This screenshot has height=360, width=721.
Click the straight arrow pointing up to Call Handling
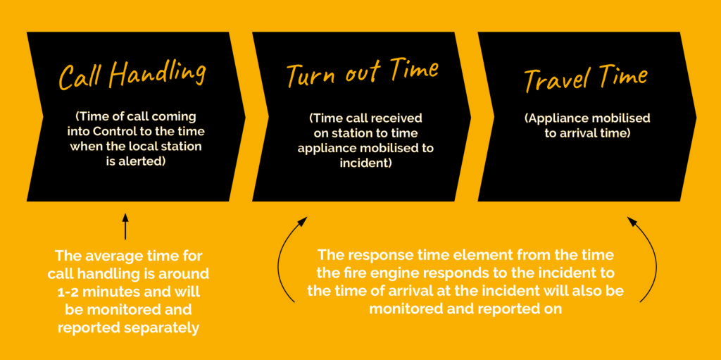[125, 225]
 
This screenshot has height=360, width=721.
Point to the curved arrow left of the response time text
[283, 258]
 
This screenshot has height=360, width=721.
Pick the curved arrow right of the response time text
[651, 258]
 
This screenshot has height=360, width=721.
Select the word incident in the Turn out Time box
[365, 163]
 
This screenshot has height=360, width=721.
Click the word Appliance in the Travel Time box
[552, 118]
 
